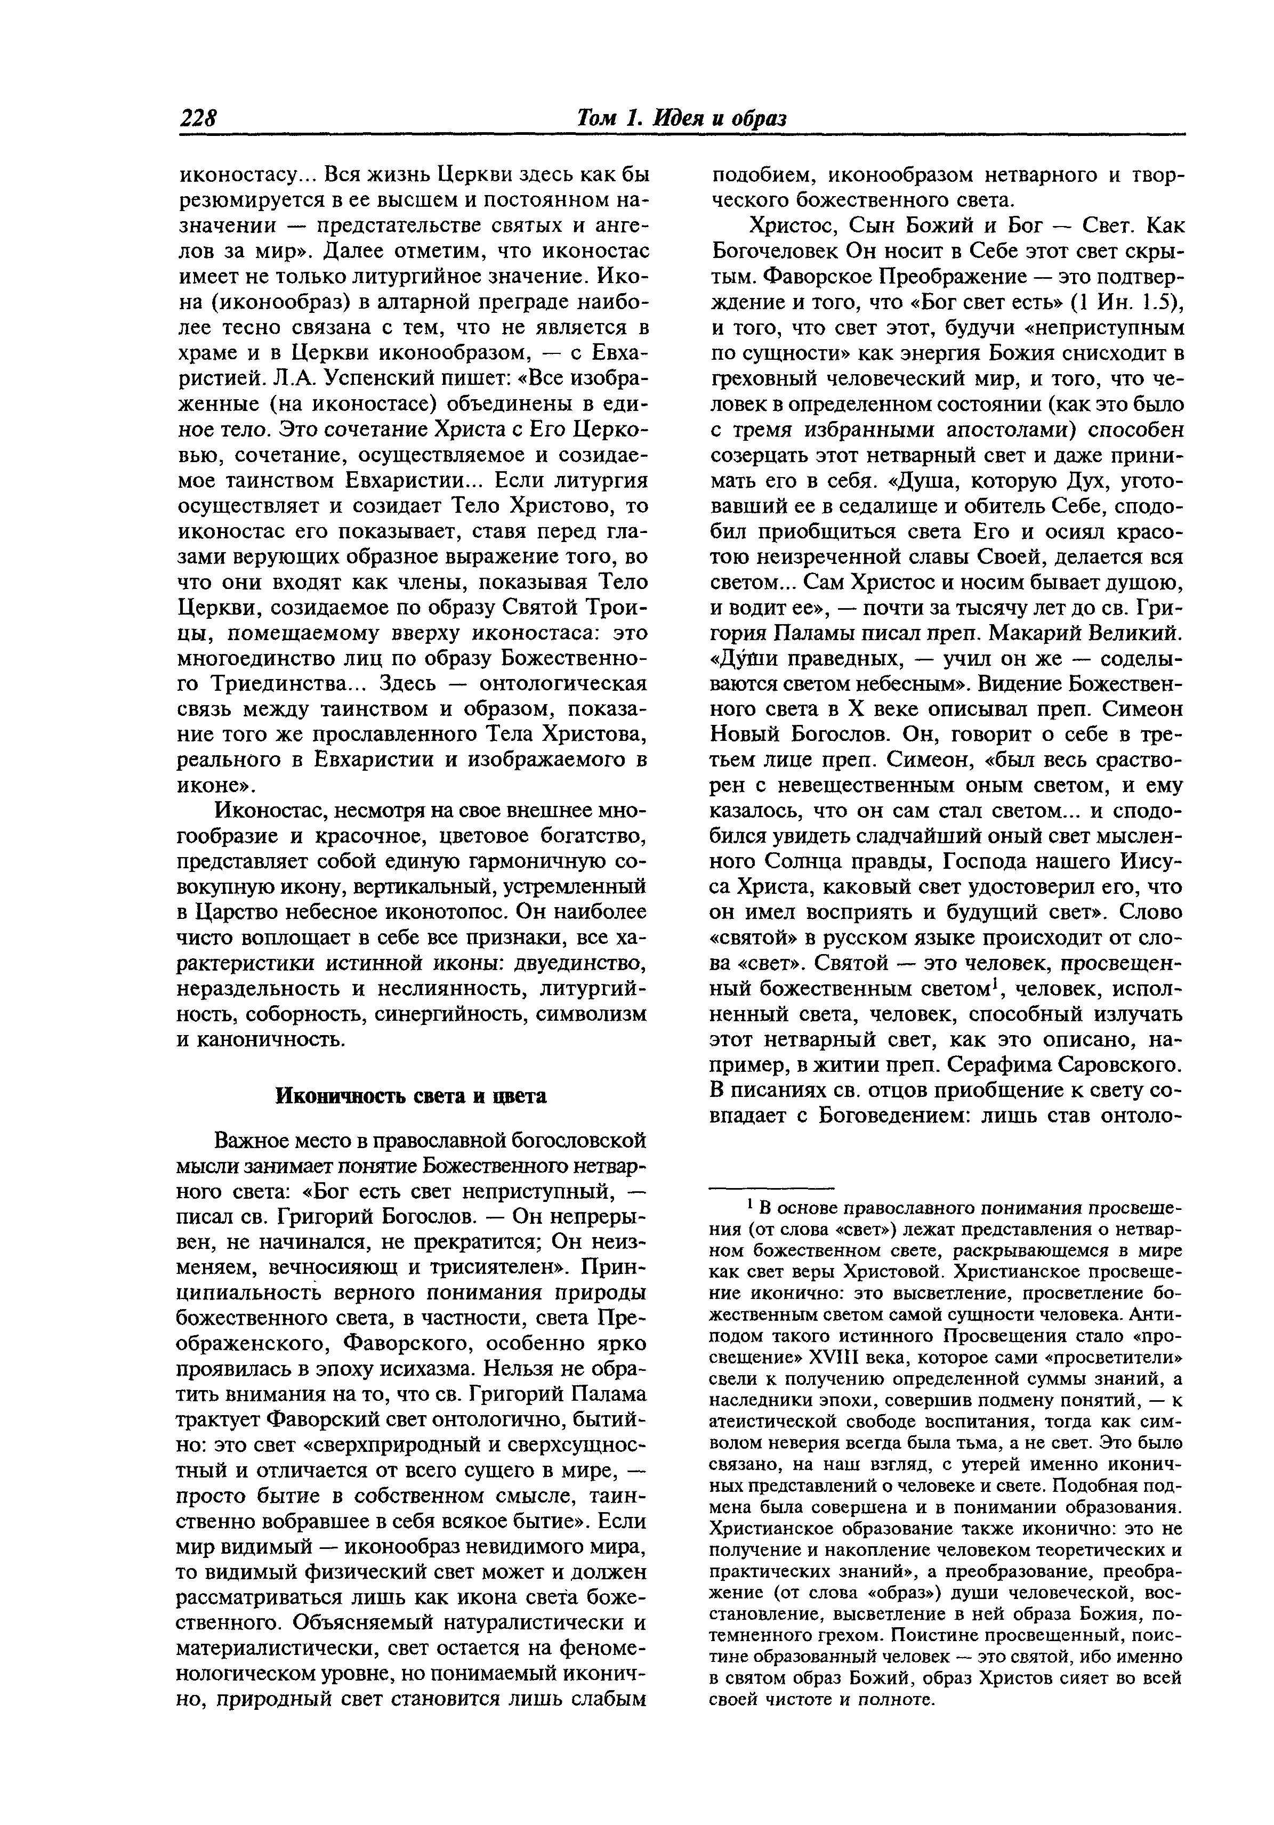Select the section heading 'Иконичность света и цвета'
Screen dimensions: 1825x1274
point(411,1095)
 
